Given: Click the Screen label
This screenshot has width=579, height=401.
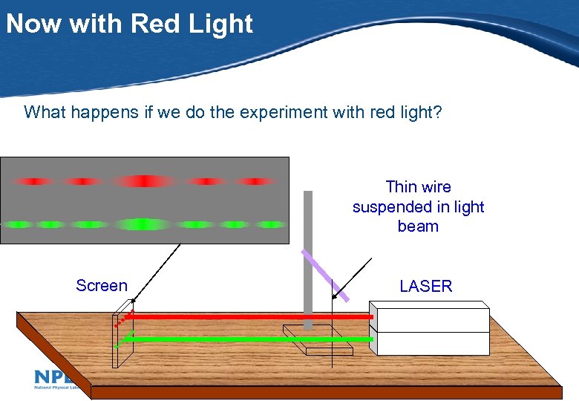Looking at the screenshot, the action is (x=102, y=286).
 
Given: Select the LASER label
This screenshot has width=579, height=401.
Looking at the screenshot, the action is (x=425, y=286).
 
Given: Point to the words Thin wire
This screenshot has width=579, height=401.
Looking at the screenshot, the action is (x=418, y=186).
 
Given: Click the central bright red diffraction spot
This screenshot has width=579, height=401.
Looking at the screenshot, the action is (x=144, y=180).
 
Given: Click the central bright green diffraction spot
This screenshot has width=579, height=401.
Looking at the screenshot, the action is (x=144, y=224).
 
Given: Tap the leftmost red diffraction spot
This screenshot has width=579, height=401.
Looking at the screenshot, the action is (x=33, y=180).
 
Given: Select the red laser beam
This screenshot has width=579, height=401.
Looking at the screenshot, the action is (x=245, y=317).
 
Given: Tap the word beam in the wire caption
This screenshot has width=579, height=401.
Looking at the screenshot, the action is (x=418, y=226).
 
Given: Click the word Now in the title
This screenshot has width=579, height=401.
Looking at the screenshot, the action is (x=35, y=24).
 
